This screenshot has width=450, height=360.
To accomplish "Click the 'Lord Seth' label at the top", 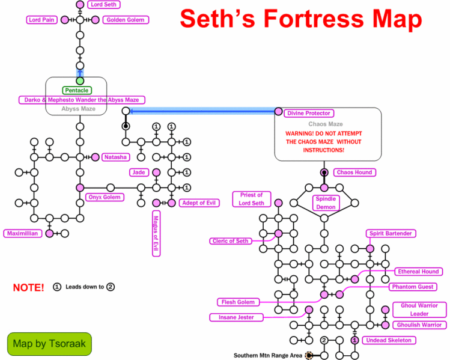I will click(x=103, y=5).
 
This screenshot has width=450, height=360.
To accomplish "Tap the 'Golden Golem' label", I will click(x=126, y=20).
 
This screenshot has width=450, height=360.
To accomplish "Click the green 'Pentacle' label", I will click(x=76, y=90).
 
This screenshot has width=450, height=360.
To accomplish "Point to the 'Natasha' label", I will click(x=115, y=157).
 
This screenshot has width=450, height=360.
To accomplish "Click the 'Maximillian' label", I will click(x=22, y=233).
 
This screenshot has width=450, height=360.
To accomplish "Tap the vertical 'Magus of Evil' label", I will click(x=156, y=234).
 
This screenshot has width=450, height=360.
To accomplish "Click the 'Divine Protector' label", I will click(x=310, y=113).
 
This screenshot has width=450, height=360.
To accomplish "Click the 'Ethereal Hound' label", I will click(x=418, y=272).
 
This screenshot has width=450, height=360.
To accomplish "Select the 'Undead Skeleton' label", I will click(x=388, y=340).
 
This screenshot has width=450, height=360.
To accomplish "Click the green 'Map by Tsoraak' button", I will click(x=49, y=344).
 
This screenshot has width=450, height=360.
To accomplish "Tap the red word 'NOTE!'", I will click(x=29, y=287).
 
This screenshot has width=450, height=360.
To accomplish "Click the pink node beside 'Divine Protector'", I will click(x=279, y=111).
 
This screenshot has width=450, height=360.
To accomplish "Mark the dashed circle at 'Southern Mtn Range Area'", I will click(x=309, y=355).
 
